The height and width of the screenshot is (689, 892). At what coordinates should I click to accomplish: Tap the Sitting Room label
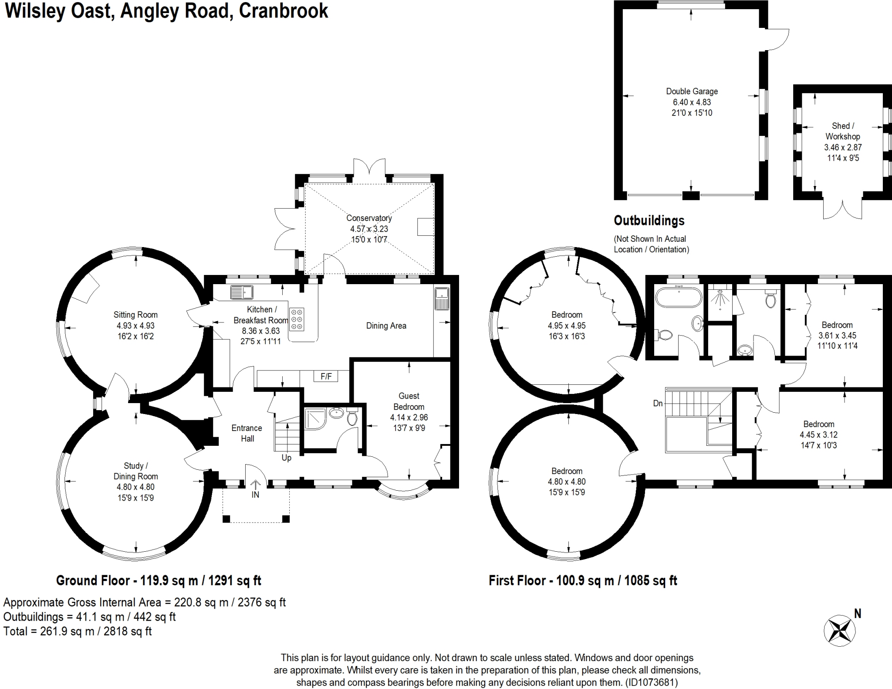tap(135, 315)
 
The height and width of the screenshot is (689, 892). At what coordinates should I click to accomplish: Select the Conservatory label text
tap(369, 218)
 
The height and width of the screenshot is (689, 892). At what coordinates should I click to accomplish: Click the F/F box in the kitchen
tap(326, 376)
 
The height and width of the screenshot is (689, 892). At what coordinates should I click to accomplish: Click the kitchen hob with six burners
tap(297, 319)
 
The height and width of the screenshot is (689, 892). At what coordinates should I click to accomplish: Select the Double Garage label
tap(692, 92)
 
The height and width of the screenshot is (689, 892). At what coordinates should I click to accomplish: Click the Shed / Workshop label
tap(842, 131)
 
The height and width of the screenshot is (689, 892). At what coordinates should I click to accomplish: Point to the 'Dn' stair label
tap(658, 403)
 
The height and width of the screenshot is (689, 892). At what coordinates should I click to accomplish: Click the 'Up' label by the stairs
tap(286, 458)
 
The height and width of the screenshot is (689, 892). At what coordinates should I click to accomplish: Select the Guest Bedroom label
tap(409, 401)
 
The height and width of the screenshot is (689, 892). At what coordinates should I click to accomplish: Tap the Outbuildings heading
tap(649, 221)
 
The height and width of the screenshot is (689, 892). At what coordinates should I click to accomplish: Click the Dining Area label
tap(386, 326)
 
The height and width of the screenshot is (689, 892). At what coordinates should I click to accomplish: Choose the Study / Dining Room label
tap(135, 471)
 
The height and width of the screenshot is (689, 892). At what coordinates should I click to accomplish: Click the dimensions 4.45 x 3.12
tap(818, 434)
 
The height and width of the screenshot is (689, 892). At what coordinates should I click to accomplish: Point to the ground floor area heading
tap(159, 580)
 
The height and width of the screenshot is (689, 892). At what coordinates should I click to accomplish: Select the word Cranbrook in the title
tap(283, 10)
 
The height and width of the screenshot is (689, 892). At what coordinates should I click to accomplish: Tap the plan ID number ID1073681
tap(651, 682)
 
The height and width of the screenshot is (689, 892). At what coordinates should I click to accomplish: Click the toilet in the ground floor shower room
tap(352, 418)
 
